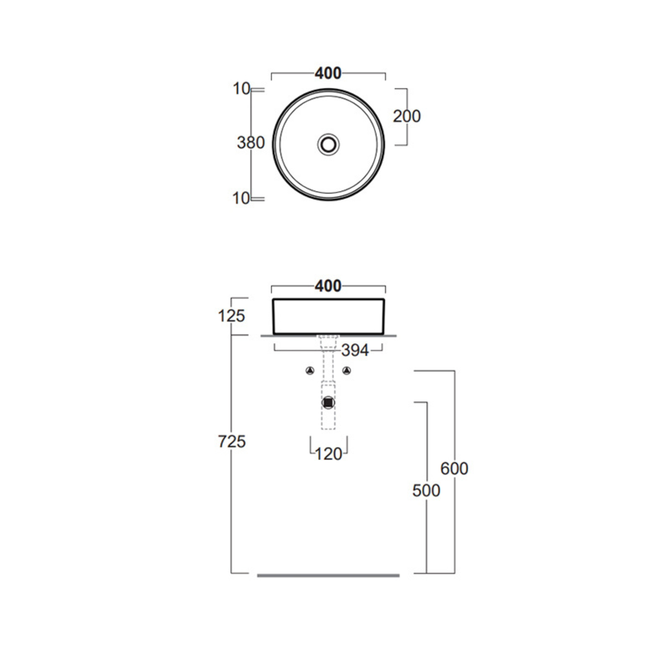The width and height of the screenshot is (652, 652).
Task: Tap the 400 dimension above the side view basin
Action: point(328,286)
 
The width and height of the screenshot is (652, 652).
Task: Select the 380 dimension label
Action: point(251,143)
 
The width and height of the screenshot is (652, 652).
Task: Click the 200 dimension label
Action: point(407,116)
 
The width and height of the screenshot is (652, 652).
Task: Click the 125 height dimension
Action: point(231,316)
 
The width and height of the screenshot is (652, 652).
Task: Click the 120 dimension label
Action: point(329,454)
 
